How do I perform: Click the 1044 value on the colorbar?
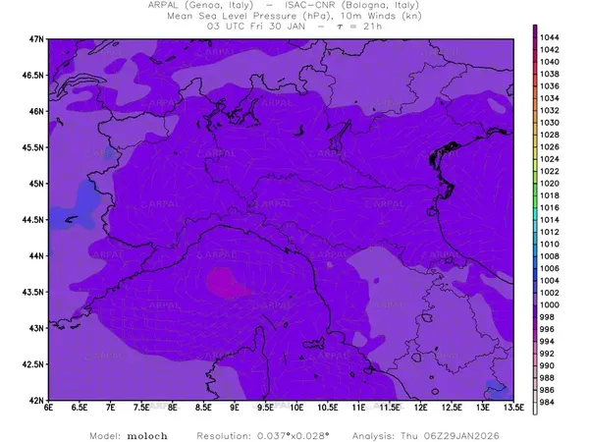point(551,36)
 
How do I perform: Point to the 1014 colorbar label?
point(551,219)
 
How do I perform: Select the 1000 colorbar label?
point(551,304)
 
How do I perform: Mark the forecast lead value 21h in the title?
point(368,28)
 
